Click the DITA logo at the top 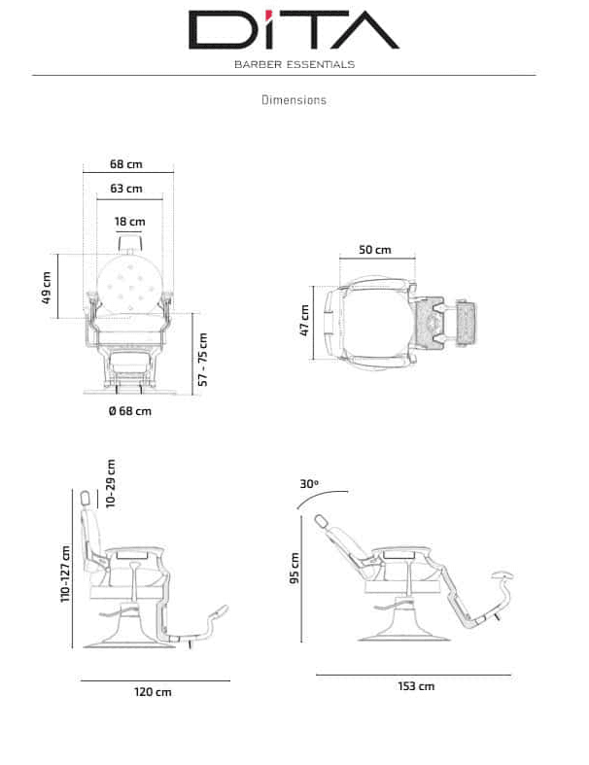[294, 29]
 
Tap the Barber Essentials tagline [294, 64]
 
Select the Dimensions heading [294, 100]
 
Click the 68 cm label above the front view [126, 164]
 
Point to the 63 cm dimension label [126, 189]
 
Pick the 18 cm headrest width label [130, 222]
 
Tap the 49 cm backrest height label [47, 288]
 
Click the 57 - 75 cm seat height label [203, 360]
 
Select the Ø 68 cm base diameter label [130, 411]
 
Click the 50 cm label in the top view [375, 250]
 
